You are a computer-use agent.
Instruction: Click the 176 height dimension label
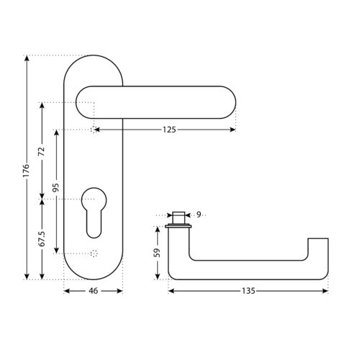tap(26, 171)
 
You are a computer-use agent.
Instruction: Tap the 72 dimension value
tap(42, 151)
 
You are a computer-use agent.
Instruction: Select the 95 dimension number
tap(55, 187)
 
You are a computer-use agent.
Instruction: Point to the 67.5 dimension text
tap(42, 239)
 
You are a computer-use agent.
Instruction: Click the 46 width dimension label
tap(94, 291)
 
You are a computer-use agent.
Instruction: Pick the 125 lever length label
tap(169, 130)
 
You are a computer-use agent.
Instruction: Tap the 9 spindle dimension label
tap(199, 215)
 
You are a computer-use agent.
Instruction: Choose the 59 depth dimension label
tap(157, 253)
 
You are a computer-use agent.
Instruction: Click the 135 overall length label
tap(248, 291)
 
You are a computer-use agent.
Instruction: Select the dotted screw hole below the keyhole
tap(94, 253)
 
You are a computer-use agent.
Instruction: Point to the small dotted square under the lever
tap(94, 130)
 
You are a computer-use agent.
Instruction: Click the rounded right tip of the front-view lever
tap(235, 102)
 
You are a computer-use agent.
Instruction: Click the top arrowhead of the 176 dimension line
tap(27, 58)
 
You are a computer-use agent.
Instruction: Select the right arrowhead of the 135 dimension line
tap(325, 291)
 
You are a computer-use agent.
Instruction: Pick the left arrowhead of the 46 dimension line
tap(67, 291)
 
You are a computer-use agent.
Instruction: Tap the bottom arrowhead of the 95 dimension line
tap(56, 251)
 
